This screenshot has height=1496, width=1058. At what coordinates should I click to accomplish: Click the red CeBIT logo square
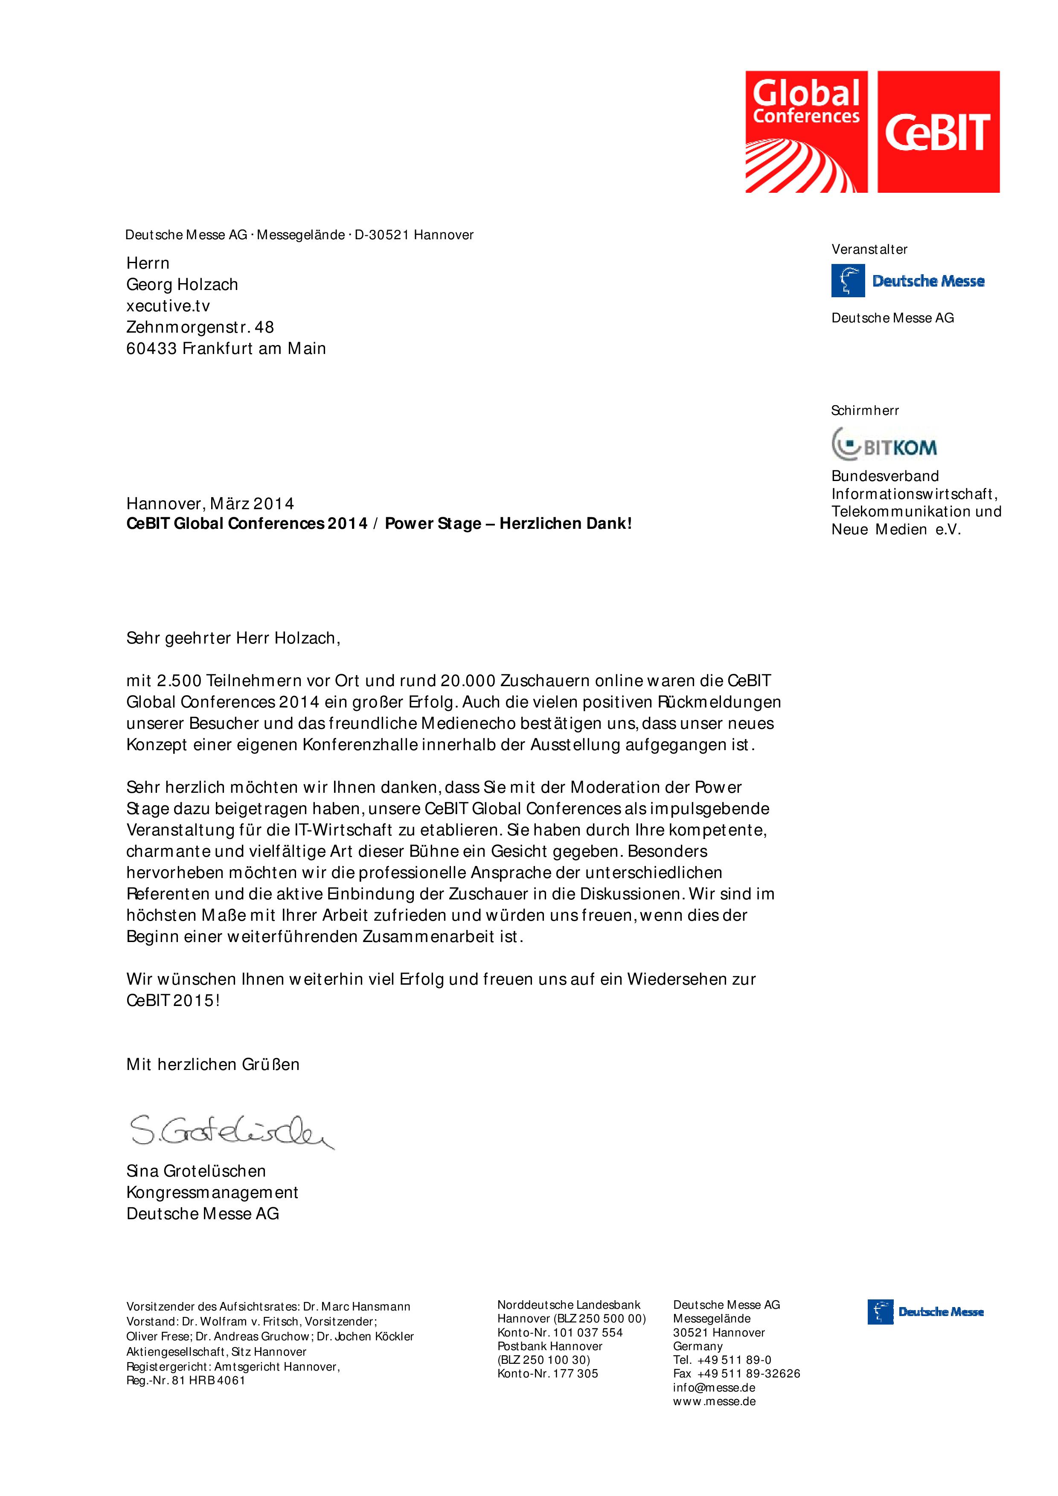click(x=938, y=132)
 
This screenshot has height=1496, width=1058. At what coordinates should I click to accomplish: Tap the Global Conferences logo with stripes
click(x=806, y=132)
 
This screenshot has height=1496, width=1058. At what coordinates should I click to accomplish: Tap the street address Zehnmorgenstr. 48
click(x=200, y=327)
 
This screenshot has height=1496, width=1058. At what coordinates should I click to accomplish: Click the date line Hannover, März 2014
click(x=210, y=504)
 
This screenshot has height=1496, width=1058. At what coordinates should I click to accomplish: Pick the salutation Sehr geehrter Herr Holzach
click(x=233, y=638)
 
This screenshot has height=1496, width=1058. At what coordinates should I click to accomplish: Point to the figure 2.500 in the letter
click(x=178, y=681)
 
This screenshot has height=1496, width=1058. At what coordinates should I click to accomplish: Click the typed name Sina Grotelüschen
click(x=195, y=1171)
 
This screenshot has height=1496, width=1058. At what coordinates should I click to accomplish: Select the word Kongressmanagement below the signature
click(x=212, y=1192)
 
